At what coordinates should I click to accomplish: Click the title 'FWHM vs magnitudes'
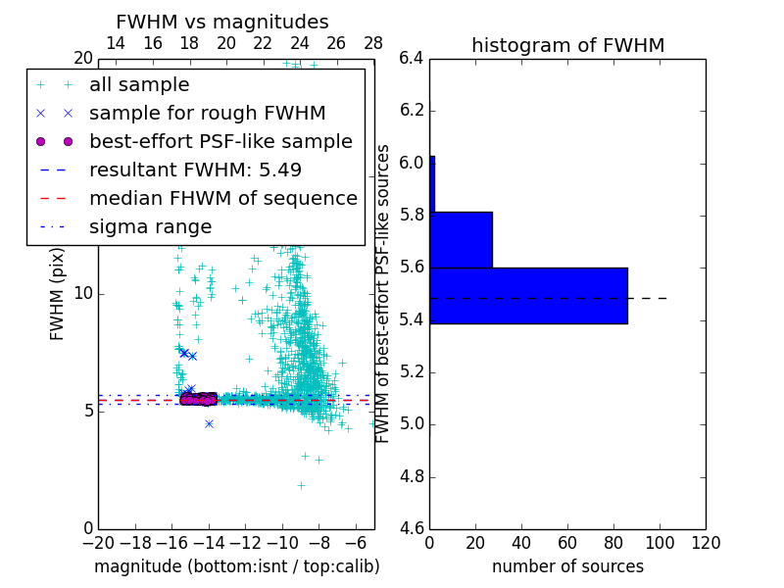222,22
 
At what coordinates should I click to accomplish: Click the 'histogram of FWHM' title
567,45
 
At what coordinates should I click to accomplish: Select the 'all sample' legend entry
139,85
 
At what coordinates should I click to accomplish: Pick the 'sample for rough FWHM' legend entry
207,113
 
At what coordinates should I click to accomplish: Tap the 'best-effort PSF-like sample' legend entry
220,141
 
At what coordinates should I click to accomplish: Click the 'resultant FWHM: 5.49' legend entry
195,170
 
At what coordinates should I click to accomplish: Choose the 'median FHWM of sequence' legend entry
222,198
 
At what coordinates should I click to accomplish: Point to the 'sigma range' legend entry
150,226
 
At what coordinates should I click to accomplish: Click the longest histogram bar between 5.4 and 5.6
528,295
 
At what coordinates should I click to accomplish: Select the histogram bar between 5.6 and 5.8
461,239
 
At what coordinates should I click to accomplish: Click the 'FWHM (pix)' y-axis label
58,294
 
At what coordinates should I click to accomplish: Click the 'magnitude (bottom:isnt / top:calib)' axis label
236,566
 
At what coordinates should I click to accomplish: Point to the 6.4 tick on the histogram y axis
412,58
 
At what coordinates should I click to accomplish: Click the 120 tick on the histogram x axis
706,543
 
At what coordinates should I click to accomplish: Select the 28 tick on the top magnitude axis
373,43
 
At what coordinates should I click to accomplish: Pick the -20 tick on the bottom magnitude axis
98,543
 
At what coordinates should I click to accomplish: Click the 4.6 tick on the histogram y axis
412,528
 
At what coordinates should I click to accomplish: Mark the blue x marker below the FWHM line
209,423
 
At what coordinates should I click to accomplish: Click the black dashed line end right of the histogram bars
666,298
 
